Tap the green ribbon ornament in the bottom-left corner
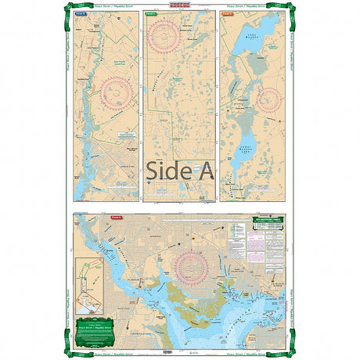point(70,349)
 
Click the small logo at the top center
point(180,5)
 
